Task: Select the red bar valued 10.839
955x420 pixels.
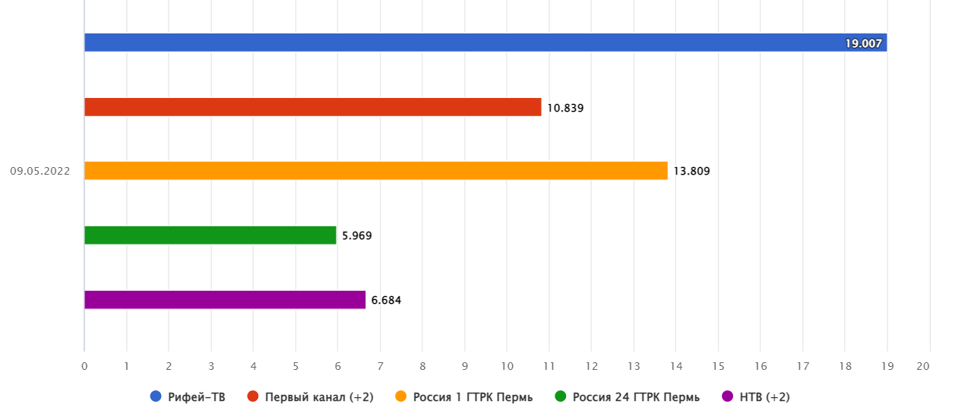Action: [312, 107]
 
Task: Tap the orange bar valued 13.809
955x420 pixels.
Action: [375, 171]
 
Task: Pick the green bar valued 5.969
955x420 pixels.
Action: [210, 235]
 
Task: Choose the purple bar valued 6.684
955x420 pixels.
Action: [224, 300]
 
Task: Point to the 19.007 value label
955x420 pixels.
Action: [863, 44]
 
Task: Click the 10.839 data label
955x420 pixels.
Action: [565, 108]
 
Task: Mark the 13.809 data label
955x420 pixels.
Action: [691, 172]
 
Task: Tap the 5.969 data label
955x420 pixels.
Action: [357, 236]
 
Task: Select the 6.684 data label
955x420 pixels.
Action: [386, 301]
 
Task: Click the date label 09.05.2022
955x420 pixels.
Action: [40, 172]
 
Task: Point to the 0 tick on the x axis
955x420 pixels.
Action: [84, 366]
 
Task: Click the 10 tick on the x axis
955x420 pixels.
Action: [507, 366]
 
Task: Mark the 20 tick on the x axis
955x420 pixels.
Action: [924, 366]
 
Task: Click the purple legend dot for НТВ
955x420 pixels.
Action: [727, 396]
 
